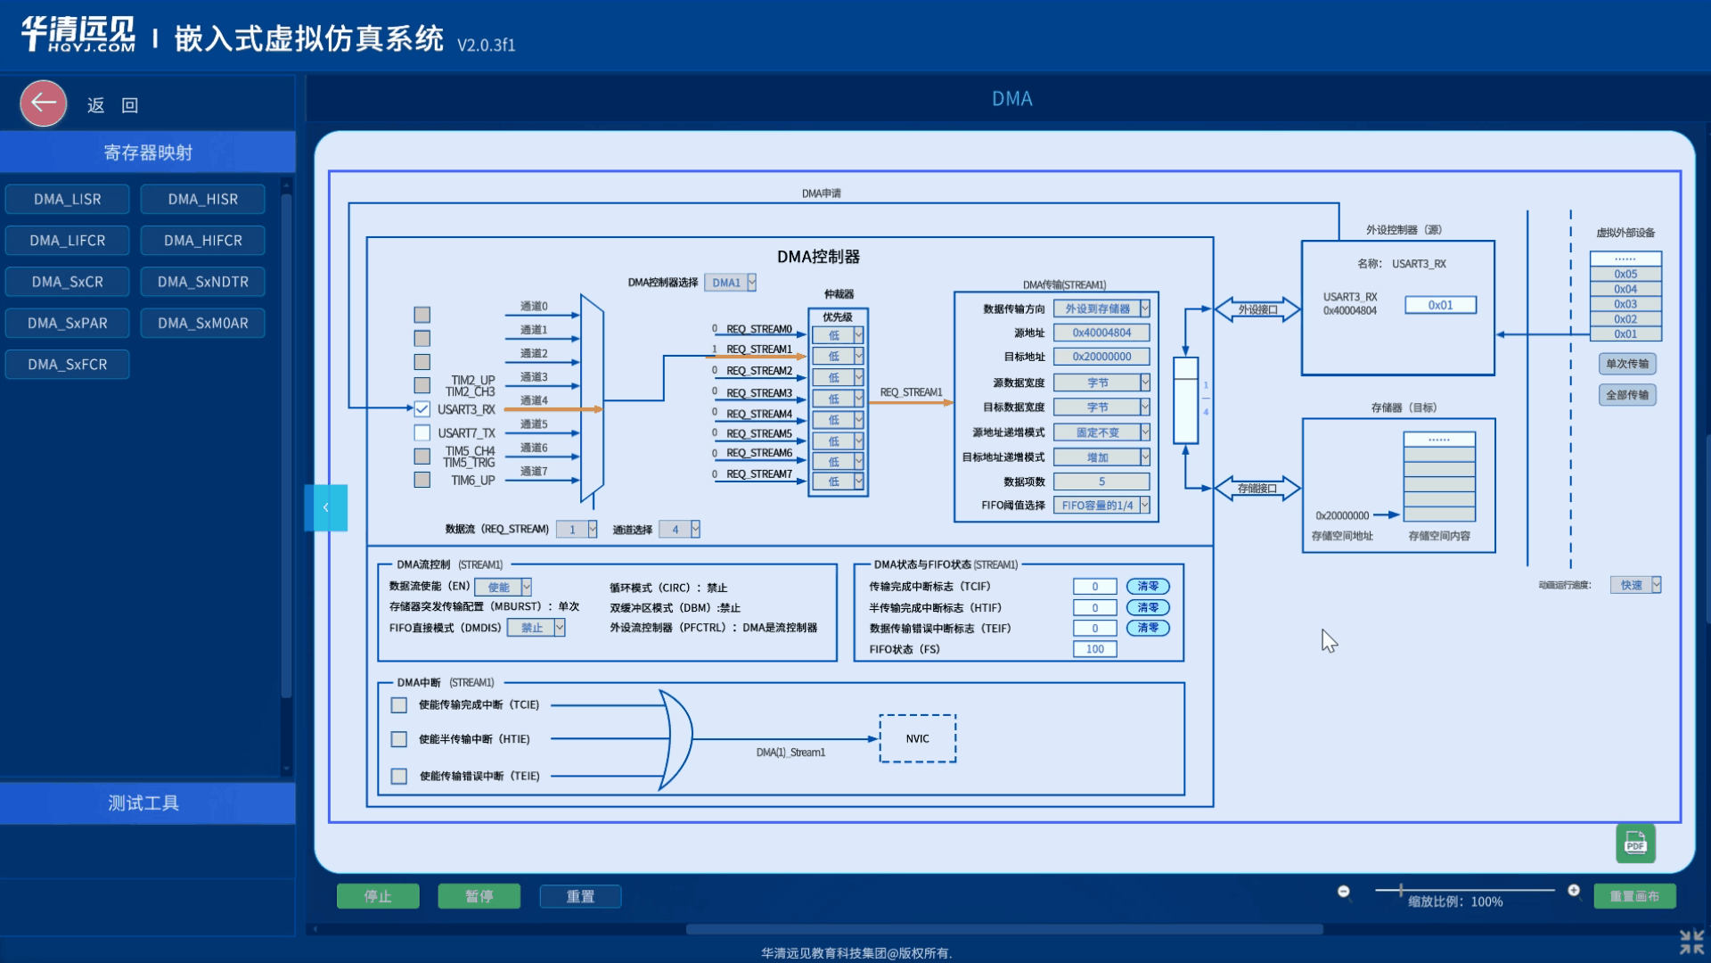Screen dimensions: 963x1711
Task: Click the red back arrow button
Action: click(44, 103)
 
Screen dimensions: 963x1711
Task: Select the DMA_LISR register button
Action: click(68, 199)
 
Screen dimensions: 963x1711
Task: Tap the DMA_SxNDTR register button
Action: click(202, 282)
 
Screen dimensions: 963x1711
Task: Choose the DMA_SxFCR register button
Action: click(68, 364)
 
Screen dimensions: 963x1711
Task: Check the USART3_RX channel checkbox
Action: click(422, 409)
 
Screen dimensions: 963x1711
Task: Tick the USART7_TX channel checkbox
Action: click(422, 432)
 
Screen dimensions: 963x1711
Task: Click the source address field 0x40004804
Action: click(1101, 333)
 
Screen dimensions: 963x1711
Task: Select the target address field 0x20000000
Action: click(1101, 357)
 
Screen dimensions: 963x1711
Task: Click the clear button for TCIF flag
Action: click(1148, 587)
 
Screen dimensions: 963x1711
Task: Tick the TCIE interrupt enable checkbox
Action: click(399, 705)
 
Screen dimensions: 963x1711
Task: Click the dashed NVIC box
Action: click(917, 738)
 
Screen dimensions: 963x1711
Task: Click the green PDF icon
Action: click(1635, 844)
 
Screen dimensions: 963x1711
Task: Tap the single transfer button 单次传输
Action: click(1626, 364)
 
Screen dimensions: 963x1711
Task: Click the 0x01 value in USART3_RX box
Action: click(1440, 305)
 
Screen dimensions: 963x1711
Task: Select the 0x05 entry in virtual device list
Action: click(1625, 274)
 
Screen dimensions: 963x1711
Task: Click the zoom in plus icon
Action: click(1574, 890)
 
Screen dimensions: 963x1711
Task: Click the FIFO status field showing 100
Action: click(1094, 649)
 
